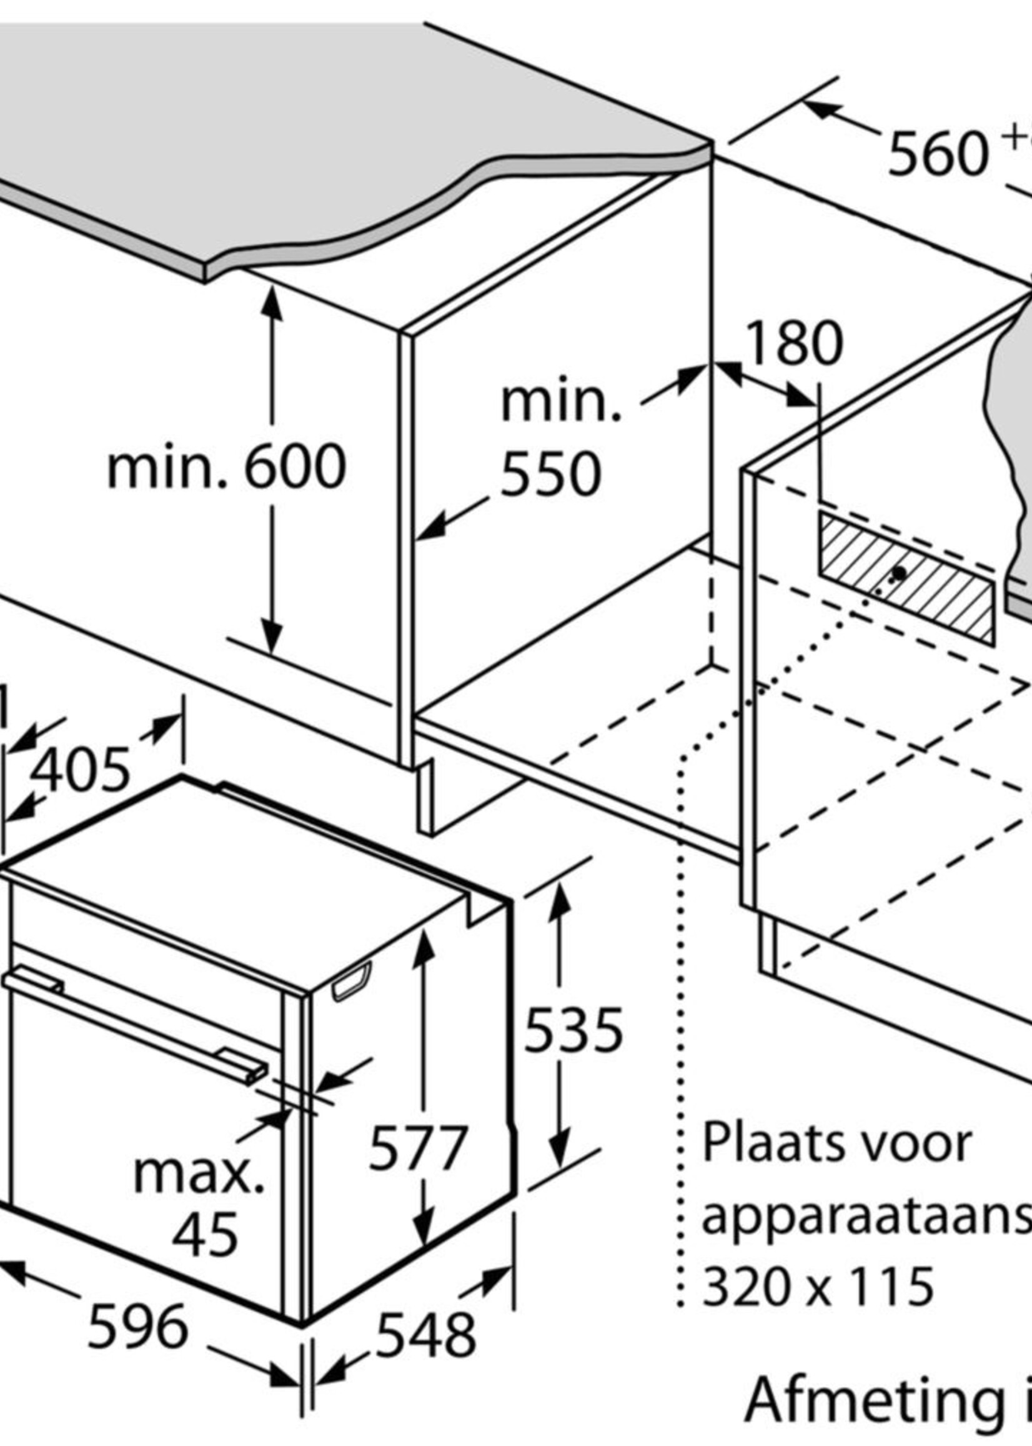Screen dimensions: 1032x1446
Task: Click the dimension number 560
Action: [x=937, y=156]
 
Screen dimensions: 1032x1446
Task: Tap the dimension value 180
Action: [x=795, y=344]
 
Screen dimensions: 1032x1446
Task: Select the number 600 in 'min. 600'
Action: [x=295, y=468]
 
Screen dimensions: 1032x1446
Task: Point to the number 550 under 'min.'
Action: [x=550, y=474]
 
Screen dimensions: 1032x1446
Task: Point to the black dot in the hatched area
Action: [x=899, y=573]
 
